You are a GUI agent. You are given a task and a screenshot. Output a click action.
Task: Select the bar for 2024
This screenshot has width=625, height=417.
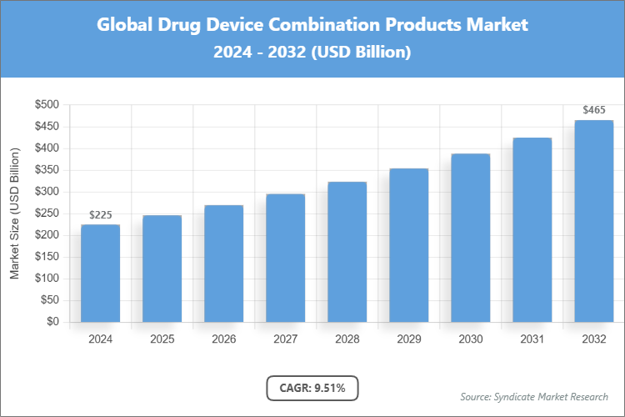pos(100,273)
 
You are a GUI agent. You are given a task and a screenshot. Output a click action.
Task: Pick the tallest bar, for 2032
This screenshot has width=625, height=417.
pos(593,221)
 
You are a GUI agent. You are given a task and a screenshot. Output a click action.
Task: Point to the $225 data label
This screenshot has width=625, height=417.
pos(100,215)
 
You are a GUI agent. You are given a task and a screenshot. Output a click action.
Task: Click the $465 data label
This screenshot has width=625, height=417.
pos(593,110)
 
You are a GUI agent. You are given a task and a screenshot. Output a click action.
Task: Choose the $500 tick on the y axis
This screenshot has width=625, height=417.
pos(47,105)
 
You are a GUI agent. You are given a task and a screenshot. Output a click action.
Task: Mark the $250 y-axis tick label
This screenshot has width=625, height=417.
pos(47,214)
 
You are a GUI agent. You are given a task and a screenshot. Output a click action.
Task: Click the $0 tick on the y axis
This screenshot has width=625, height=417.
pos(52,322)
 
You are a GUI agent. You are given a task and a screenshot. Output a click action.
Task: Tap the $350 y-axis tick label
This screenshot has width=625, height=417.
pos(47,170)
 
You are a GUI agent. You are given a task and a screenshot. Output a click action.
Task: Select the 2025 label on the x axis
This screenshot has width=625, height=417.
pos(162,339)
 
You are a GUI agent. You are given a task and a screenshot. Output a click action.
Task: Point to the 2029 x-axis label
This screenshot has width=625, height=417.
pos(408,339)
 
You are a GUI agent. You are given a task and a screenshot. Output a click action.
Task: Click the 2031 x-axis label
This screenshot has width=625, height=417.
pos(532,339)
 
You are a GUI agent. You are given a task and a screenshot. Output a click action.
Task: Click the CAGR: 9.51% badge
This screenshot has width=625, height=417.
pos(312,387)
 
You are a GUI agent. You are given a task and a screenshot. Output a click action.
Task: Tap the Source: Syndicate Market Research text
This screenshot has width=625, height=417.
pos(534,396)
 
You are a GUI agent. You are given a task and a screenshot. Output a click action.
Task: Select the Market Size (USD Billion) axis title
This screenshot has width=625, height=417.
pos(15,214)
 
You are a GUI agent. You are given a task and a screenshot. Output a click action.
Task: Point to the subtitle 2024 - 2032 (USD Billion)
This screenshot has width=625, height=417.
pos(312,52)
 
